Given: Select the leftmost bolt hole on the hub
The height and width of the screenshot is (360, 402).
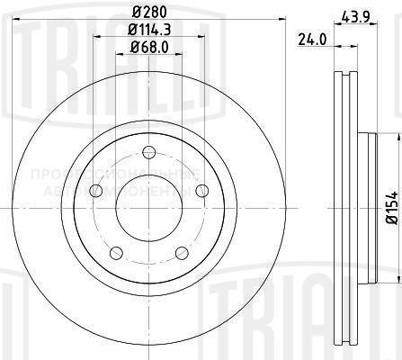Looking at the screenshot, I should (94, 190).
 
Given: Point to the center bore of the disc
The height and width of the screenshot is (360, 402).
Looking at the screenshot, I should (147, 207).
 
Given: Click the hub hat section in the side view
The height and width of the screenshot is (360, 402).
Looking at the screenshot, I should (364, 207).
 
